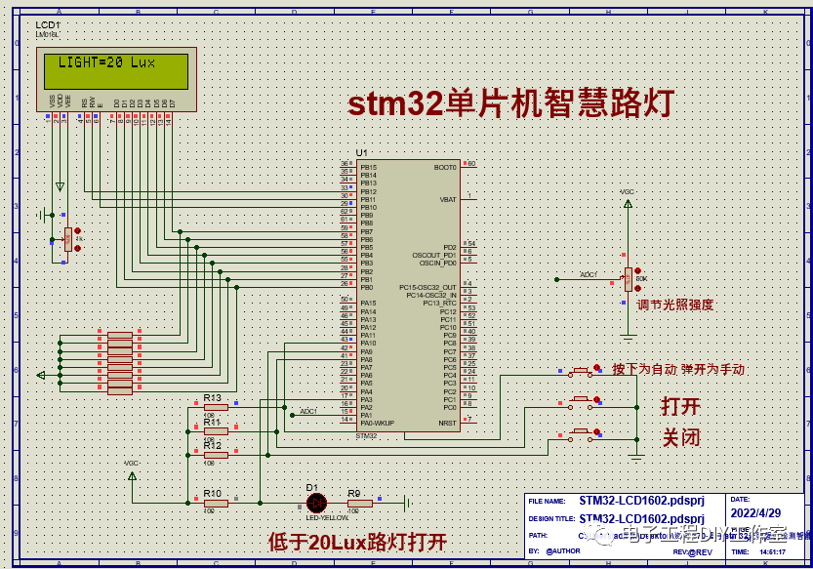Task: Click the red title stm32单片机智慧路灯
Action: point(511,103)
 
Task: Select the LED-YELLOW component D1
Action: point(316,503)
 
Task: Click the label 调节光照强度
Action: point(675,305)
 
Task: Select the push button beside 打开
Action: point(584,401)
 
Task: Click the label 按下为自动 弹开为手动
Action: point(678,370)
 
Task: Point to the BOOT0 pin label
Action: point(445,167)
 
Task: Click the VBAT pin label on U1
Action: point(448,199)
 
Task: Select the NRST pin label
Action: point(447,423)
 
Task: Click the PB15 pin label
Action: point(368,167)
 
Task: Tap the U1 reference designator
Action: point(362,153)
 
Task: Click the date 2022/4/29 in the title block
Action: point(755,512)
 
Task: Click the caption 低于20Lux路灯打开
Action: point(357,541)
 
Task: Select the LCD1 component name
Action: point(48,24)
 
